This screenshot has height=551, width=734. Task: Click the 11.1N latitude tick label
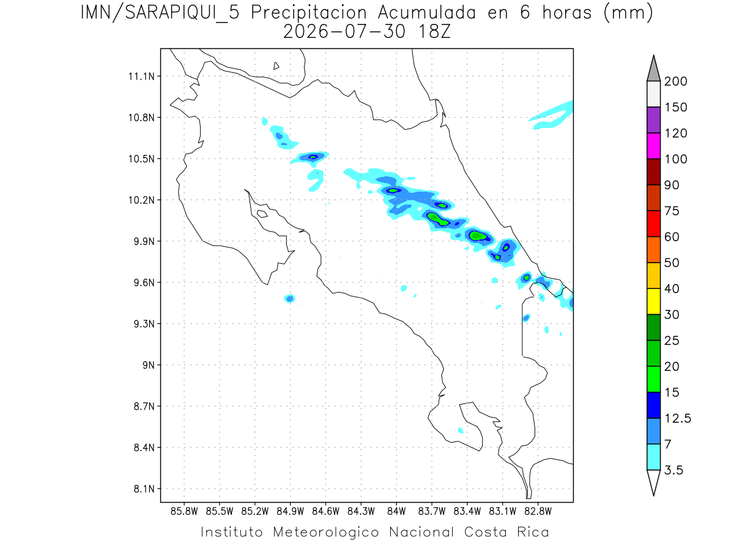pyautogui.click(x=141, y=77)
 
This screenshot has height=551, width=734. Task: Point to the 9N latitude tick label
pyautogui.click(x=149, y=365)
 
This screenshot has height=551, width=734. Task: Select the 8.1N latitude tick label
pyautogui.click(x=144, y=489)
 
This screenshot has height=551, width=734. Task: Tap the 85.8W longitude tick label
pyautogui.click(x=184, y=512)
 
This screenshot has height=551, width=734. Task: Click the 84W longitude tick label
pyautogui.click(x=396, y=512)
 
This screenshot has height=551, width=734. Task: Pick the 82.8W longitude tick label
pyautogui.click(x=538, y=512)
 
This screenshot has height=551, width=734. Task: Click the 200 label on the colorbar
pyautogui.click(x=675, y=81)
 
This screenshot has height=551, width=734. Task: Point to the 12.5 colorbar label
pyautogui.click(x=678, y=418)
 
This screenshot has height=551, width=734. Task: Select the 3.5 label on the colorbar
pyautogui.click(x=673, y=470)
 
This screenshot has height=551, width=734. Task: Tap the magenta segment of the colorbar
pyautogui.click(x=653, y=146)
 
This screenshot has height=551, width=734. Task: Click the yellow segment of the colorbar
pyautogui.click(x=653, y=301)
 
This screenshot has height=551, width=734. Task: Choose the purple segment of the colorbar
pyautogui.click(x=653, y=120)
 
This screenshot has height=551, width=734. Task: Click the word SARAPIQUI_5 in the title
pyautogui.click(x=182, y=13)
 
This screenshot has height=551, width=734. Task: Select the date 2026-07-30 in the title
pyautogui.click(x=344, y=32)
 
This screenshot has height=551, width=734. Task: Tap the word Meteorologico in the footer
pyautogui.click(x=325, y=532)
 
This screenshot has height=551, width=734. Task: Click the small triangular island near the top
pyautogui.click(x=276, y=66)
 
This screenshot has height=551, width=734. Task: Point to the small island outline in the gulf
pyautogui.click(x=262, y=214)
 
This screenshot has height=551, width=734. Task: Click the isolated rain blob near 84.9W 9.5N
pyautogui.click(x=289, y=298)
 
